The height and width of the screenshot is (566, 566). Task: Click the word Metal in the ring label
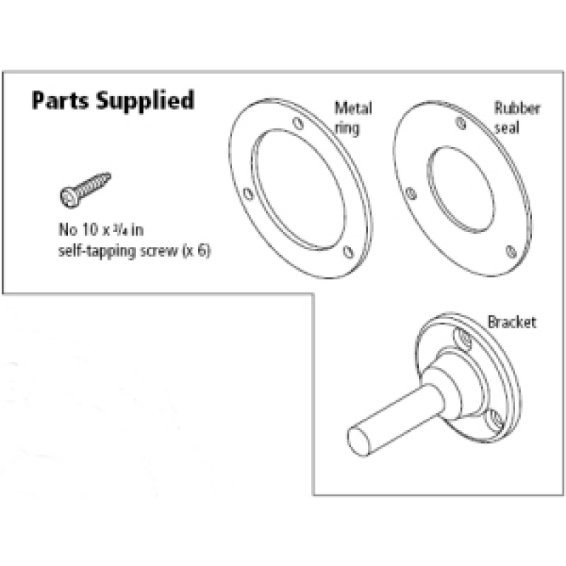click(x=353, y=109)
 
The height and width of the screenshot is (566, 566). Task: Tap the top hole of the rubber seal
click(x=461, y=125)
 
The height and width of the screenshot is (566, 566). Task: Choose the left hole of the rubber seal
click(x=411, y=191)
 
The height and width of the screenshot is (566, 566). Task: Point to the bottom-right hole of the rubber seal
click(x=509, y=248)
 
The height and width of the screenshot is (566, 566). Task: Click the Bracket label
click(x=512, y=323)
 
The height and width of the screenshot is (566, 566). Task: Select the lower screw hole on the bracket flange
click(x=496, y=422)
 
